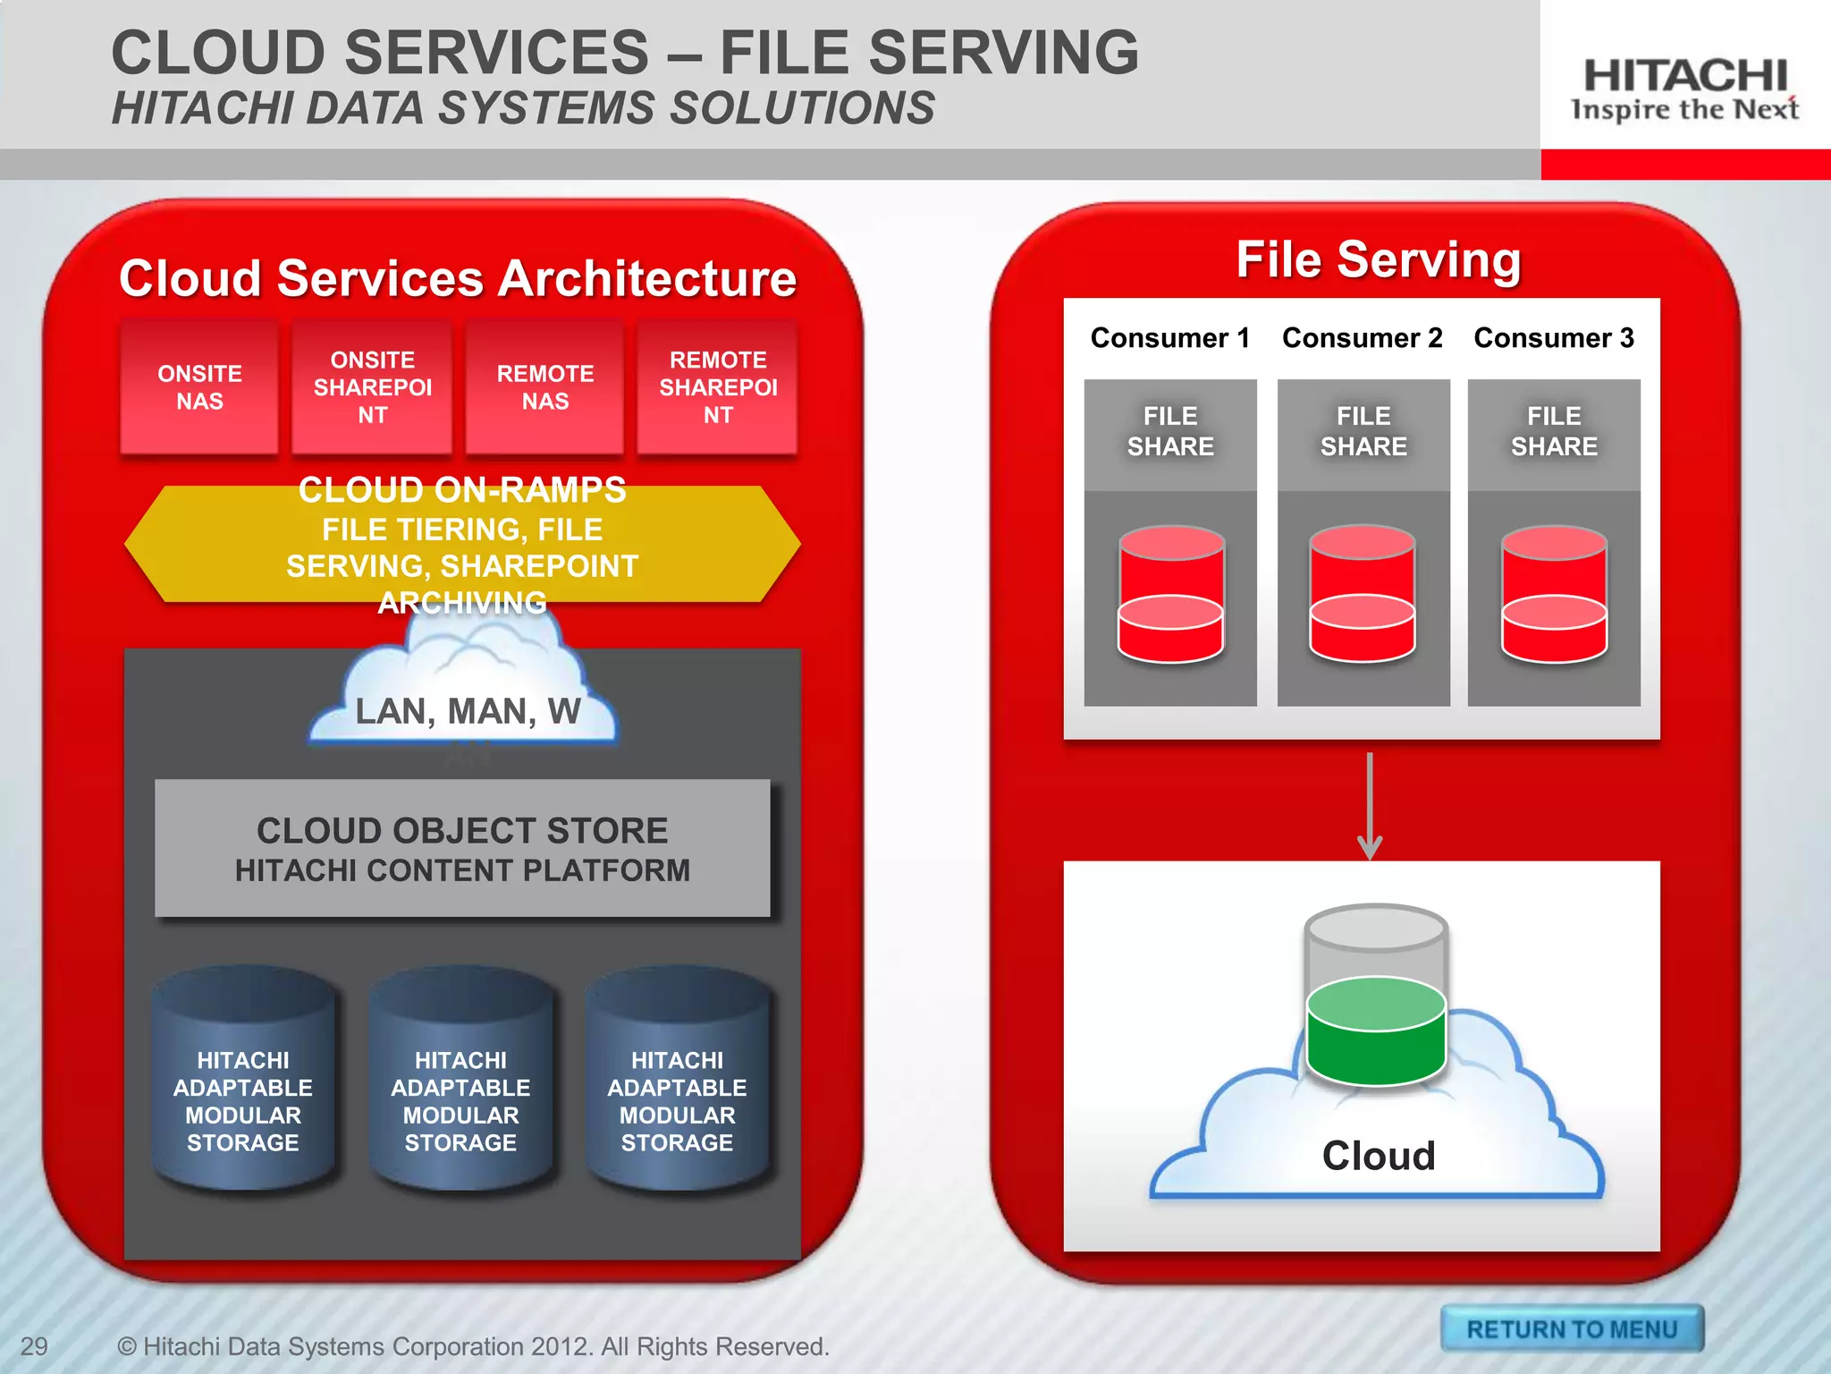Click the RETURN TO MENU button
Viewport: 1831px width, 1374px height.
click(1571, 1328)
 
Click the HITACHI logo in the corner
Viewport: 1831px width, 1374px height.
click(1684, 88)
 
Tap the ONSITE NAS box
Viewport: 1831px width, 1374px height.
click(199, 386)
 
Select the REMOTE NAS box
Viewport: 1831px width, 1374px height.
click(544, 386)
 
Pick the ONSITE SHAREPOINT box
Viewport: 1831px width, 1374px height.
click(372, 386)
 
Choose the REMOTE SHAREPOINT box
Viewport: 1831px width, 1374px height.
click(717, 386)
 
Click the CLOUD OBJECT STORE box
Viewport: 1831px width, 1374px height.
click(462, 848)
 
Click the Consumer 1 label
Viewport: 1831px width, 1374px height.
click(1169, 338)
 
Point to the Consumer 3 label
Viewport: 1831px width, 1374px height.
click(1553, 338)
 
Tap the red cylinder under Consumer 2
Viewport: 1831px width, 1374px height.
click(1362, 594)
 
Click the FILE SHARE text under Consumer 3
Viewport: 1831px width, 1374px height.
click(1553, 431)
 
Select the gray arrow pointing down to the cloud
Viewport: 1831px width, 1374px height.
click(1370, 805)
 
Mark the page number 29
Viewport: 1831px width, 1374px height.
click(34, 1346)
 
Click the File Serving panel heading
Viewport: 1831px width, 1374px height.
click(1378, 260)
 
